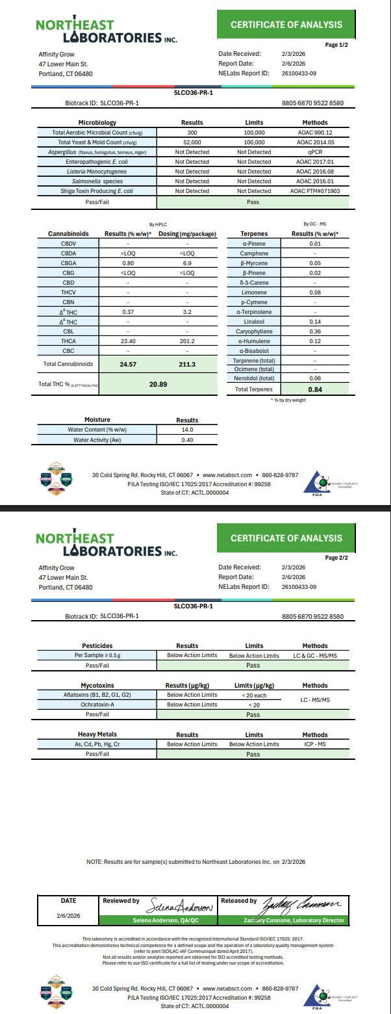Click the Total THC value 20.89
[158, 385]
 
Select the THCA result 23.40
[128, 341]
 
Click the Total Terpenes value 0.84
[315, 389]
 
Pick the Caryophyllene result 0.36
[315, 331]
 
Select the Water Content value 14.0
[188, 430]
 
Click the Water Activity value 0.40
[188, 440]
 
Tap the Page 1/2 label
[336, 45]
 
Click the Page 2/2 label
[336, 558]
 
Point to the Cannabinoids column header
[68, 233]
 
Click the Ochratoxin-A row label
[97, 705]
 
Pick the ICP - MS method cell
[315, 744]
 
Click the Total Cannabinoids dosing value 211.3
[187, 365]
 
